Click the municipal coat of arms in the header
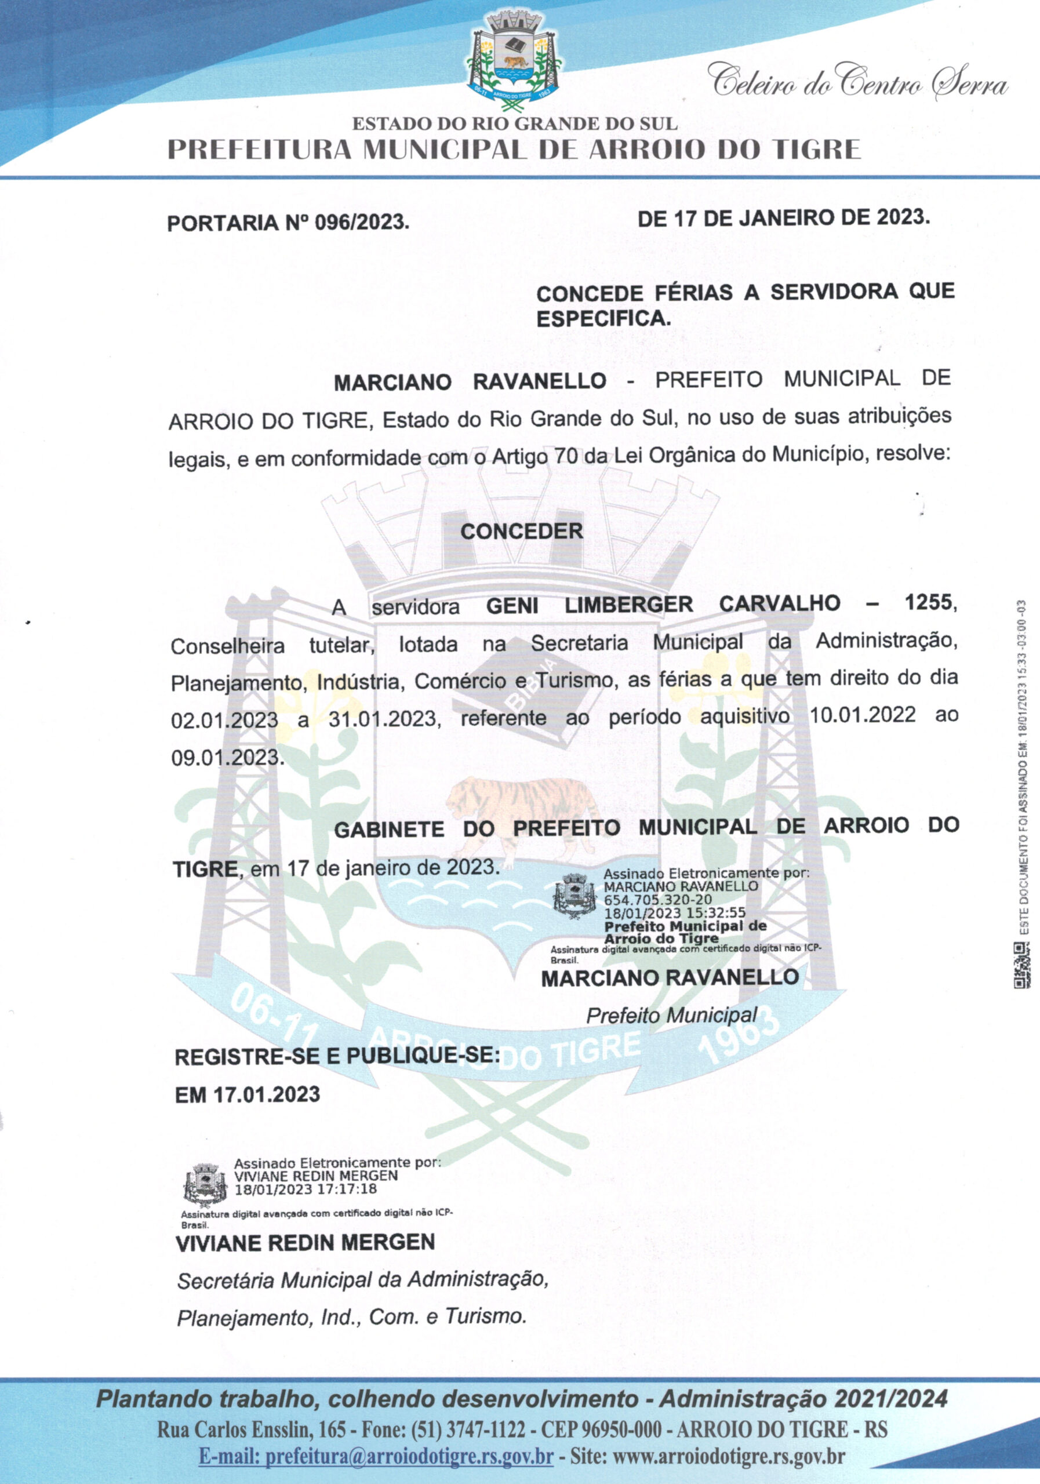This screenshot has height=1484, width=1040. click(514, 57)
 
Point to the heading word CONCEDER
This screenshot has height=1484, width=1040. click(522, 532)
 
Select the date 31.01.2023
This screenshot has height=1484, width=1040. click(383, 718)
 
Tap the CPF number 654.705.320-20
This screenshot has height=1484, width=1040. click(658, 900)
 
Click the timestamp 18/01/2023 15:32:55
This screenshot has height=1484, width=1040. click(675, 912)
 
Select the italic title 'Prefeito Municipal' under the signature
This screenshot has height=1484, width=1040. click(671, 1016)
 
